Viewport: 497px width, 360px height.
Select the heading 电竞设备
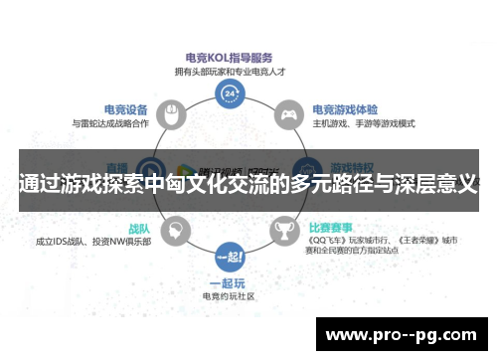coord(126,109)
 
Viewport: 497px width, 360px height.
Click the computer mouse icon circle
coord(172,114)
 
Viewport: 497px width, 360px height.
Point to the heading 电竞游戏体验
coord(346,109)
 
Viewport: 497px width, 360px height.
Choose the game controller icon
coord(288,114)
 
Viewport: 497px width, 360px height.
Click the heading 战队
coord(137,228)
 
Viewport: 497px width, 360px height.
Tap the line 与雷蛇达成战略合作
coord(111,123)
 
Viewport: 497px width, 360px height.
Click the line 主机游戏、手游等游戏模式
coord(365,123)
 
